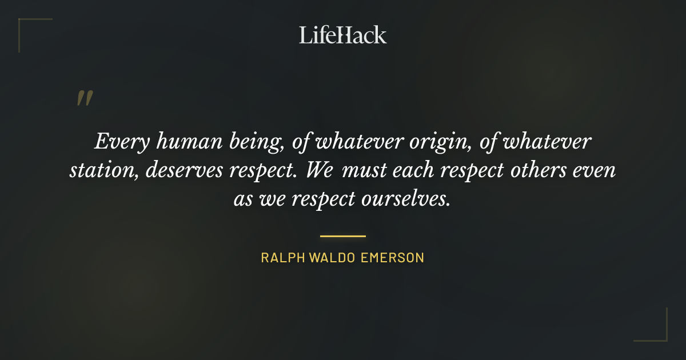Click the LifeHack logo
click(x=343, y=35)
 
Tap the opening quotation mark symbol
click(x=85, y=98)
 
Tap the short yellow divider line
click(x=343, y=235)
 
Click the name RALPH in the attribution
click(x=283, y=258)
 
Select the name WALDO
click(x=334, y=258)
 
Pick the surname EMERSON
click(x=393, y=258)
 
